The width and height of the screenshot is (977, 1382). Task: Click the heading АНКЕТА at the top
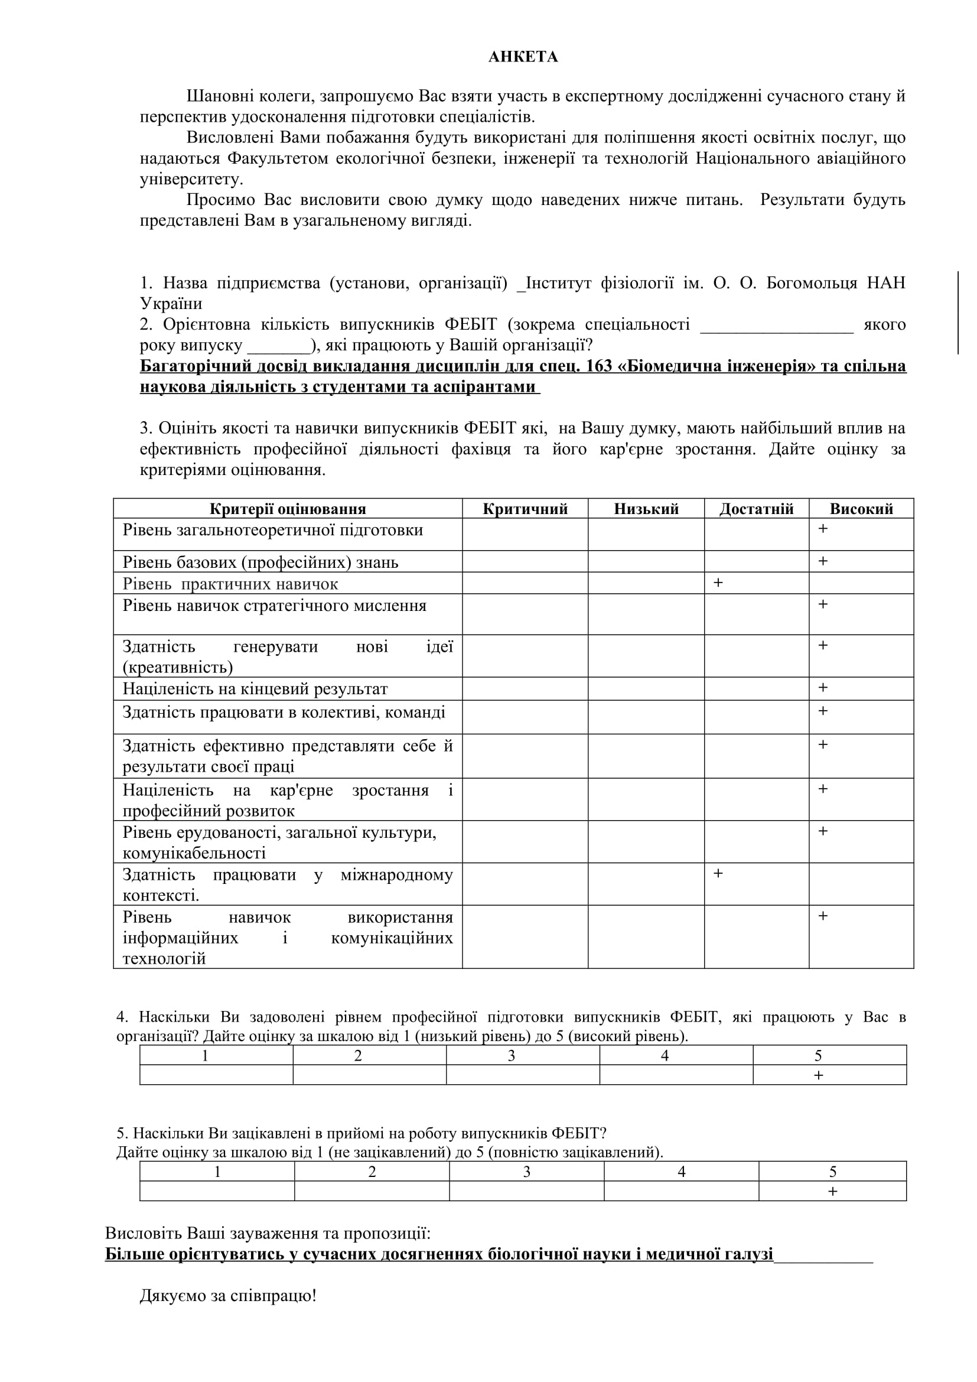click(523, 57)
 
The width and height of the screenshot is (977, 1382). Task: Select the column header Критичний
click(525, 509)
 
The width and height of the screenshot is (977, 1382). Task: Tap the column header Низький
click(646, 509)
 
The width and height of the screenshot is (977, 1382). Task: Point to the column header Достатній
click(756, 509)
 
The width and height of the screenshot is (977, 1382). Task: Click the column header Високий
click(861, 509)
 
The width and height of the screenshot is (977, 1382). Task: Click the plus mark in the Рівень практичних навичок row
click(718, 583)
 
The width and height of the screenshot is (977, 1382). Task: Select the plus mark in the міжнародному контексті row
click(718, 873)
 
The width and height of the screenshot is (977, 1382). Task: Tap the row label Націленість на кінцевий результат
click(255, 688)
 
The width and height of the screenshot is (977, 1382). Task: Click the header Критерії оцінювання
click(288, 509)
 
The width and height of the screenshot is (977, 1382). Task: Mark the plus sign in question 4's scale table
click(818, 1075)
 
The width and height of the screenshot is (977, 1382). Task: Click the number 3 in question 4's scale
click(512, 1056)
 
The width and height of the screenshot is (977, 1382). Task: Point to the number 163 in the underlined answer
click(598, 366)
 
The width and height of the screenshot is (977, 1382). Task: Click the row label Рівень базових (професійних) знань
click(260, 562)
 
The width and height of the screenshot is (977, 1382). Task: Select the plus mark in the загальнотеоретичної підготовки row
click(823, 528)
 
